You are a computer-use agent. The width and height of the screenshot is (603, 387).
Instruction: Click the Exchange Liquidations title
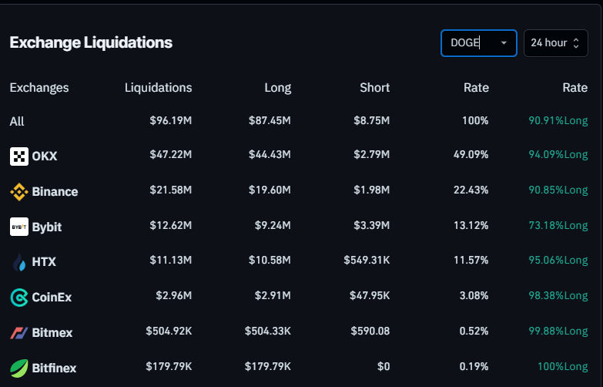91,42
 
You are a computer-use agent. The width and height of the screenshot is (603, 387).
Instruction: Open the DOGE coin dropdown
478,43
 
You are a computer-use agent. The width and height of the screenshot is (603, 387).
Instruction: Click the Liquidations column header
158,88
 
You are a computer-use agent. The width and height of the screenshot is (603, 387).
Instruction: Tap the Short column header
374,88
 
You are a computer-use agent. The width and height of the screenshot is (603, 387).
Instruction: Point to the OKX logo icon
19,156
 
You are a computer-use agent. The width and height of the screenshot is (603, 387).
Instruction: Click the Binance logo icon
19,192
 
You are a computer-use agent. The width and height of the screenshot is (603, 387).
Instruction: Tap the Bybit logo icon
19,227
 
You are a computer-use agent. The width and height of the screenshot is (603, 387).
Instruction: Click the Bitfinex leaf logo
19,368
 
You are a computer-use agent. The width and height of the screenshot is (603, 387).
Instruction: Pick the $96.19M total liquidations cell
170,122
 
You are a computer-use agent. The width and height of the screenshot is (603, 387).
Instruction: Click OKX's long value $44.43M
270,156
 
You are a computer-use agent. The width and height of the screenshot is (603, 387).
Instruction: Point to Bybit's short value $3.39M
371,227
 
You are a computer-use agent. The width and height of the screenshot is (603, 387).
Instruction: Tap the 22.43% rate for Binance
471,191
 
